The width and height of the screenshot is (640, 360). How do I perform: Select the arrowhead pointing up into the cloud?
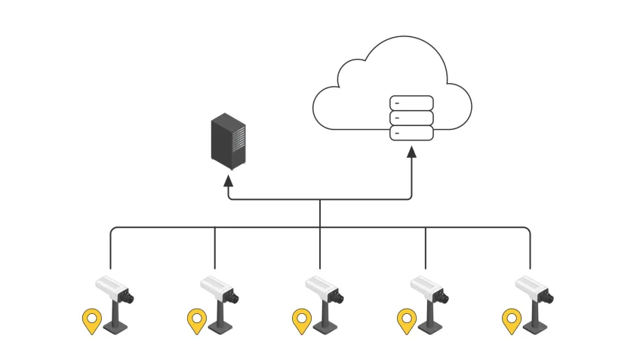[411, 152]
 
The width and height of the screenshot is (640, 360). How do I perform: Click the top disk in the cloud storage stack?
[411, 103]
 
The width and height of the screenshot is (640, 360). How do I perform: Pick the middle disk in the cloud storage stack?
[411, 118]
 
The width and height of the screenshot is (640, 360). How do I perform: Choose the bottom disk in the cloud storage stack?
[411, 133]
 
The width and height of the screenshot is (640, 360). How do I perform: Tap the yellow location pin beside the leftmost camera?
[91, 320]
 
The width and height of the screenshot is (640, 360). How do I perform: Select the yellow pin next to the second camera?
[197, 320]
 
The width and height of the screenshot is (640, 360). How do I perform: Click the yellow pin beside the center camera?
[302, 320]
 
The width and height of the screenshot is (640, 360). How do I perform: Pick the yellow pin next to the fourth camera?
[407, 320]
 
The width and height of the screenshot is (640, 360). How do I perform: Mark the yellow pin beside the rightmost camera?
[512, 320]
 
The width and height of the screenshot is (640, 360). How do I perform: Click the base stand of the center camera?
[325, 327]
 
